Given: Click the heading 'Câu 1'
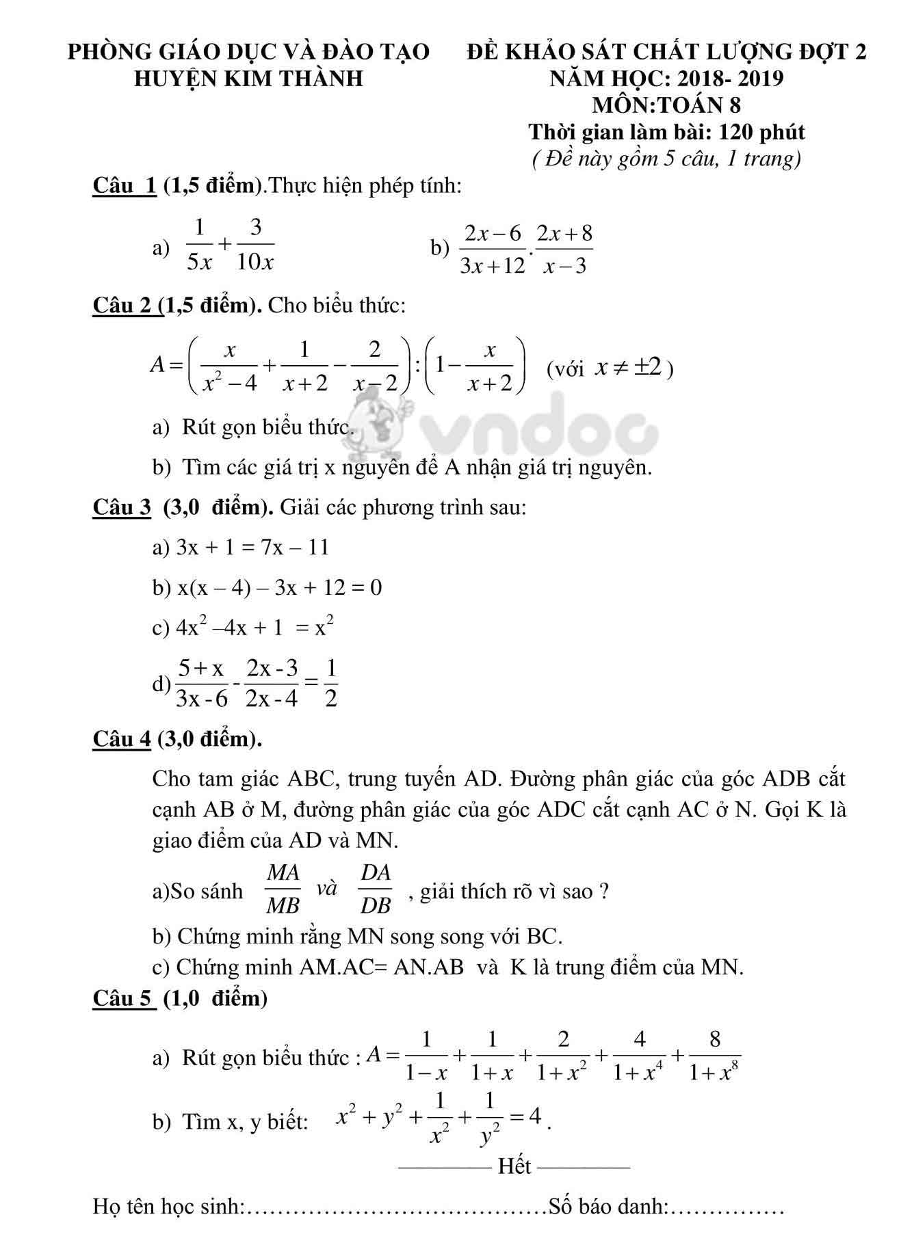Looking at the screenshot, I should tap(125, 185).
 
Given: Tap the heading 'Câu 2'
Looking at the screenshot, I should tap(125, 305).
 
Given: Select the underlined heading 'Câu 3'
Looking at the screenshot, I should tap(121, 507).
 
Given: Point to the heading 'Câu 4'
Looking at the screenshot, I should tap(121, 738).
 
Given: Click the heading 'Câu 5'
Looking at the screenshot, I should tap(124, 998).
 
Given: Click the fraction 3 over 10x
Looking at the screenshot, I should tap(255, 245).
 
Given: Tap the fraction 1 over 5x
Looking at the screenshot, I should tap(200, 245).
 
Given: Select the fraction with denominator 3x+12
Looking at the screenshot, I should tap(492, 249).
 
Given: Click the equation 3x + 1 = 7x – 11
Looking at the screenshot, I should tap(252, 547).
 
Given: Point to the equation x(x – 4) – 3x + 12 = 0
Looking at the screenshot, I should tap(279, 587).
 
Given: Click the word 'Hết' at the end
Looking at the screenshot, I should tap(514, 1166).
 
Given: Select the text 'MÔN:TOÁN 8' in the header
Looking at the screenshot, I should tap(666, 105).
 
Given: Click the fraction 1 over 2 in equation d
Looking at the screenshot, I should tap(330, 683).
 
